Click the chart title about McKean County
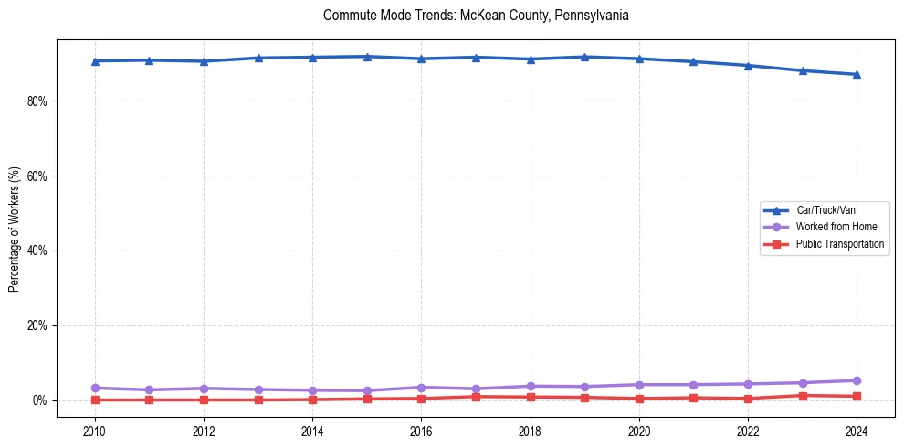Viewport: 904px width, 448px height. pos(476,16)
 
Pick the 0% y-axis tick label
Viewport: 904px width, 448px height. pos(38,400)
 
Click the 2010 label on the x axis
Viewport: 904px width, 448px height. pos(94,431)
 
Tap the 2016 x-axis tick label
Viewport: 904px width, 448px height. pos(421,431)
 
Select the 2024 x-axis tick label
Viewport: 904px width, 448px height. pos(857,431)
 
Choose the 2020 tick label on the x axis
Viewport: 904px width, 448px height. pos(639,431)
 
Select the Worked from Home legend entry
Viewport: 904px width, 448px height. pos(832,227)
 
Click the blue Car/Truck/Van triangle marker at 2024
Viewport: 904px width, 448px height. pos(857,74)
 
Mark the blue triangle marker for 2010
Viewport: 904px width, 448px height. pos(94,61)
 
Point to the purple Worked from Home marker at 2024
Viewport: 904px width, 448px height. pos(857,380)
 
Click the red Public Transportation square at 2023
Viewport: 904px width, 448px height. pos(803,396)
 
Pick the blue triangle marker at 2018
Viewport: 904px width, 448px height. pos(531,59)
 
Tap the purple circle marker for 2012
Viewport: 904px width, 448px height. pos(204,389)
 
